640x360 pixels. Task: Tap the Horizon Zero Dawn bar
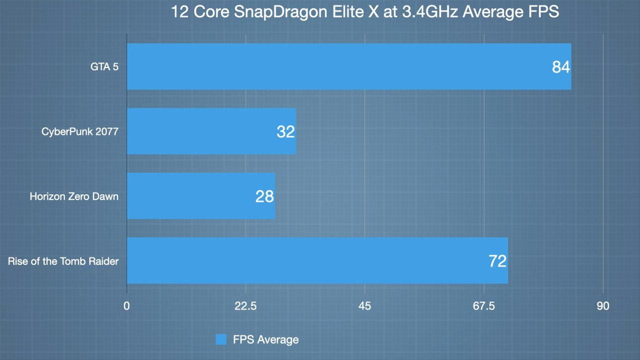[x=200, y=196]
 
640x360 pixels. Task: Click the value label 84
[x=560, y=67]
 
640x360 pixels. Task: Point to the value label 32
[x=285, y=131]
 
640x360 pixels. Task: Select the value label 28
[x=264, y=196]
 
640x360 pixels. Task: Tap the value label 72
[x=497, y=261]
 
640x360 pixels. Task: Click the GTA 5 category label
[x=105, y=66]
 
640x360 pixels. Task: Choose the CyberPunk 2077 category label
[x=80, y=131]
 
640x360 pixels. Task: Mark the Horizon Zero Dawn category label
[x=74, y=196]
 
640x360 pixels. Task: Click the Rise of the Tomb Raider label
[x=63, y=261]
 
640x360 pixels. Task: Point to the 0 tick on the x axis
[x=127, y=306]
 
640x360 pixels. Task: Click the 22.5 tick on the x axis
[x=245, y=306]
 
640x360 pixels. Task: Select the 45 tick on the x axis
[x=365, y=306]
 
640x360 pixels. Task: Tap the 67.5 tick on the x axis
[x=483, y=306]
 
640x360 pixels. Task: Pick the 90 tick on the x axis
[x=603, y=306]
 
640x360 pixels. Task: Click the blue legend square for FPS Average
[x=221, y=339]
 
